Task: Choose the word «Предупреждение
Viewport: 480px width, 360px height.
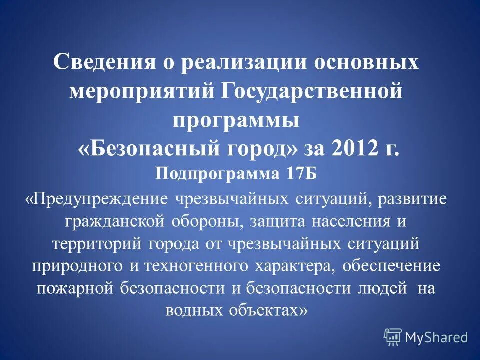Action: [x=96, y=199]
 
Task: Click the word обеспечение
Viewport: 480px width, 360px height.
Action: [x=392, y=266]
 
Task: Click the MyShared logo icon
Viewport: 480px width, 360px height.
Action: [x=392, y=337]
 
